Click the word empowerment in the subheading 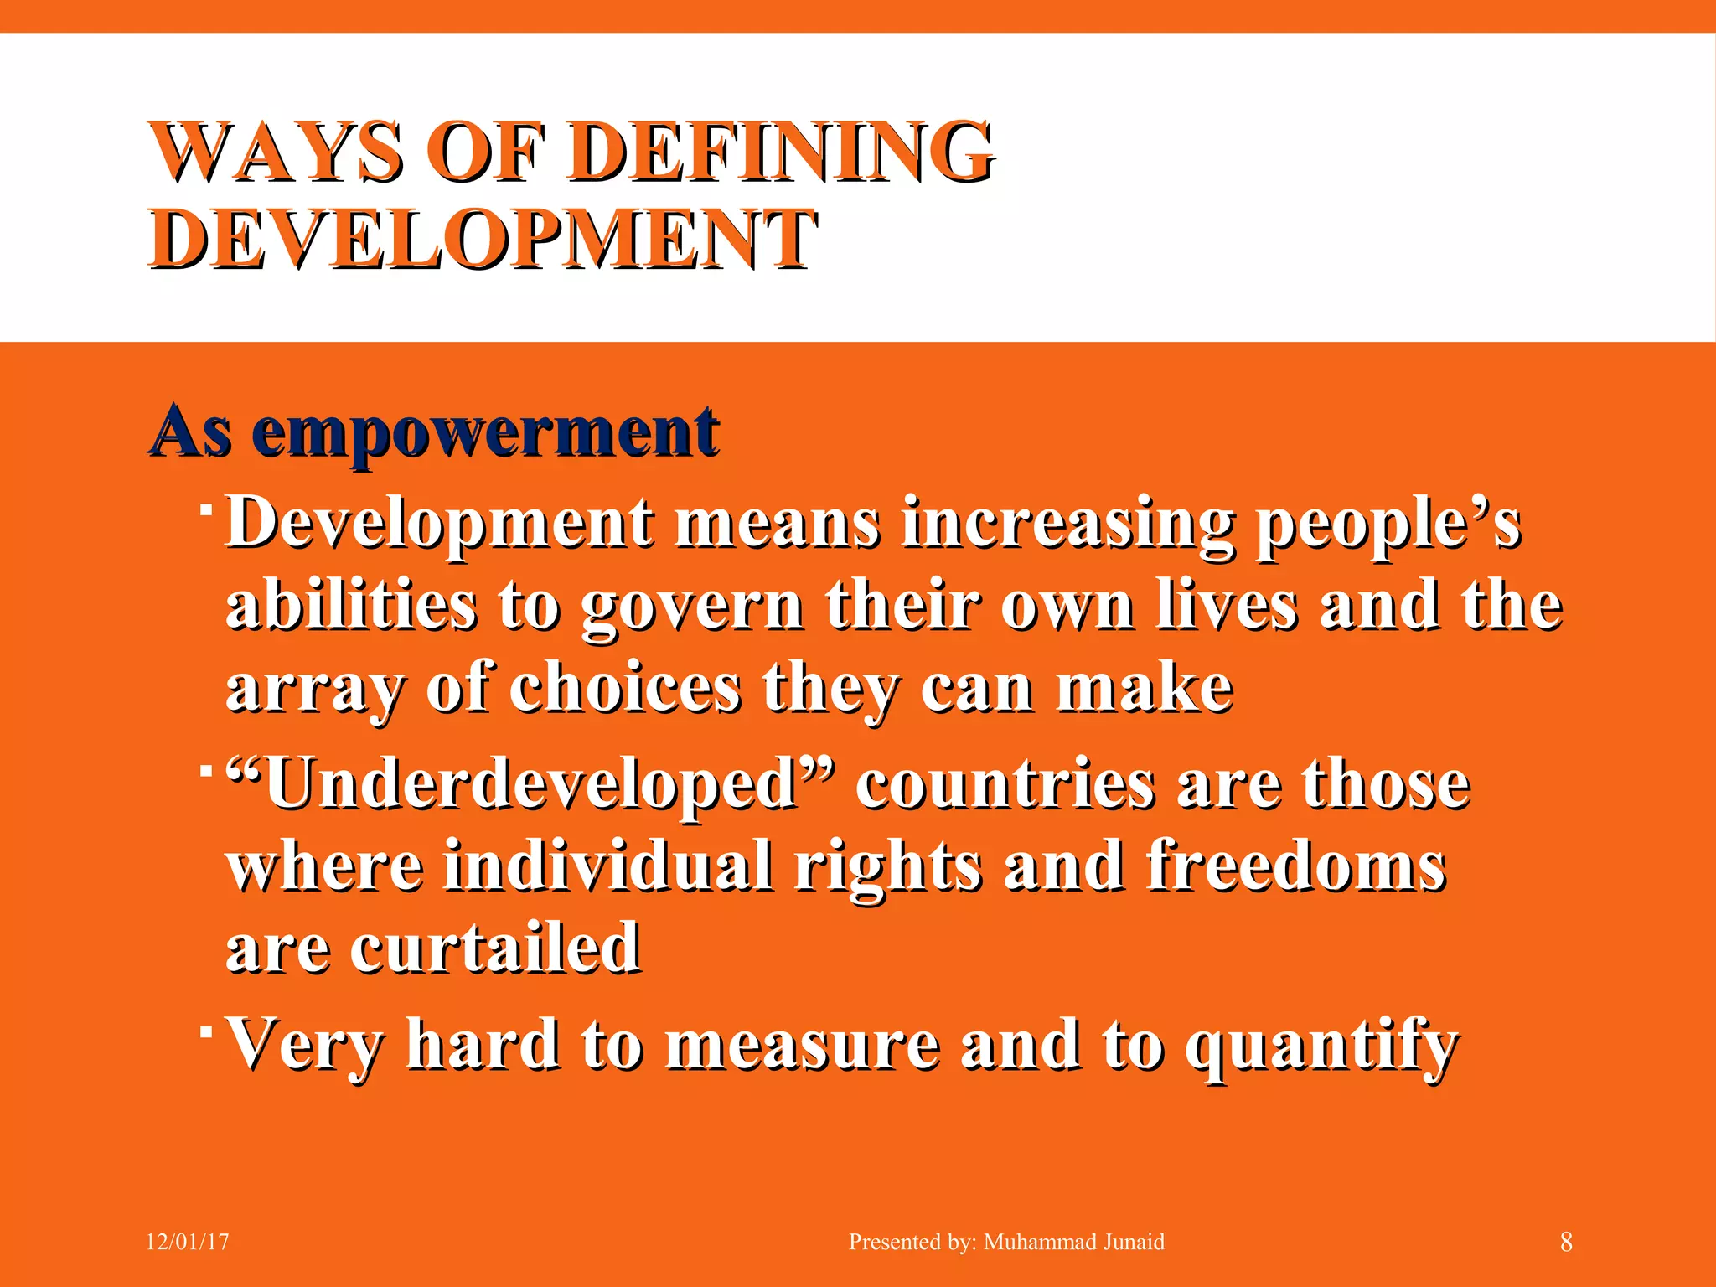(x=485, y=433)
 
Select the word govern (x=692, y=607)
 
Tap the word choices (x=625, y=689)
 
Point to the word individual (x=608, y=866)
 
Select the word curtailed (x=495, y=948)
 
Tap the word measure (x=803, y=1046)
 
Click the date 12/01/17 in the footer (x=188, y=1242)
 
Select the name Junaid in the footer (x=1133, y=1242)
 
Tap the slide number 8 (x=1566, y=1242)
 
